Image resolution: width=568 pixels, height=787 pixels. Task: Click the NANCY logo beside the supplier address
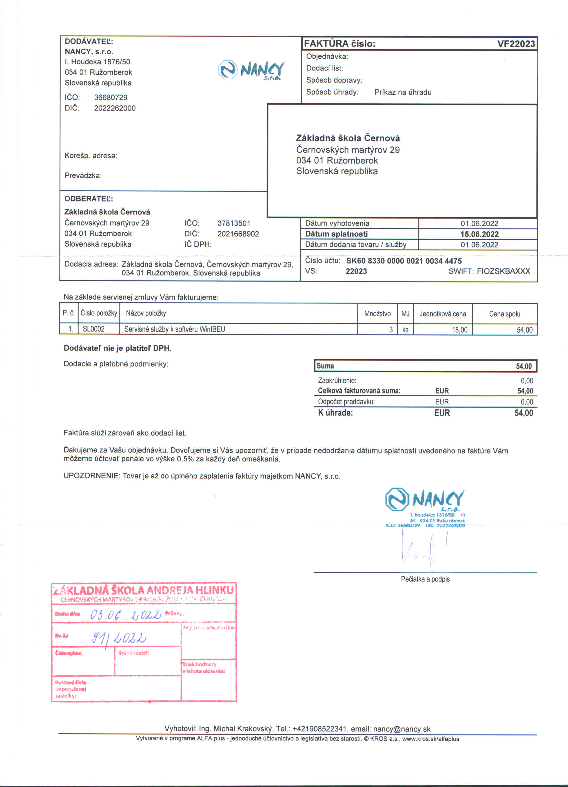point(251,70)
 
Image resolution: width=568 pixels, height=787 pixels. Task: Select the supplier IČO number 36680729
point(110,97)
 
